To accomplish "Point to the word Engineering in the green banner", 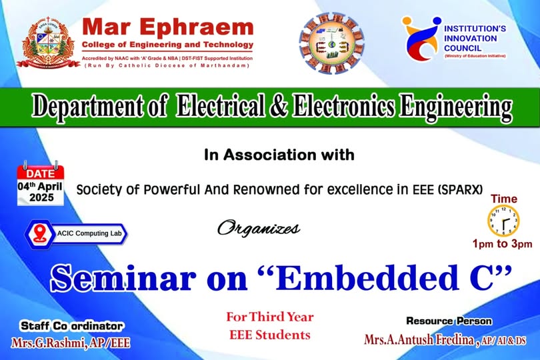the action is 455,107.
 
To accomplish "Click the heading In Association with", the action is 279,155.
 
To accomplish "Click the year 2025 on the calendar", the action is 41,197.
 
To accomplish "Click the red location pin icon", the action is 39,233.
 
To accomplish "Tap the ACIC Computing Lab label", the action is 89,233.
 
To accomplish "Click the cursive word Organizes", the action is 258,229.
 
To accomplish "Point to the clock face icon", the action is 503,221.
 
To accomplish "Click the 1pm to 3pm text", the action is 502,244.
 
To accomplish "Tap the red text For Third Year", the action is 269,317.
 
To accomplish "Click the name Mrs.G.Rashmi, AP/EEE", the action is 71,343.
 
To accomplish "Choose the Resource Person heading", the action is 449,321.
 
